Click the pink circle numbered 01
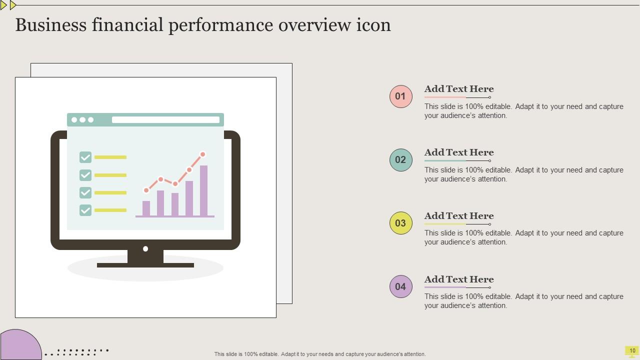pos(401,96)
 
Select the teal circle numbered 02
pos(401,160)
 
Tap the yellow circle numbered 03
pos(401,223)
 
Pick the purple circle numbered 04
pos(401,286)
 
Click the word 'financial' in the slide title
pos(127,25)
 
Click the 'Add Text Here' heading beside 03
pos(459,216)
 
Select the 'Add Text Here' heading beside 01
pos(459,89)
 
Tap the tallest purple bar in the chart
pos(203,190)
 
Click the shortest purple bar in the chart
pos(146,208)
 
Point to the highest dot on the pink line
pos(203,154)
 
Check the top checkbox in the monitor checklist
pos(85,157)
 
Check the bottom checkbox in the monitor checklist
pos(85,210)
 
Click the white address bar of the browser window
pos(165,119)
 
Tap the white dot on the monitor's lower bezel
pos(145,248)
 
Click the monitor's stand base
pos(145,265)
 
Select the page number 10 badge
pos(632,351)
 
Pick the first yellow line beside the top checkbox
pos(110,157)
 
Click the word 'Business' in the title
pos(50,25)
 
